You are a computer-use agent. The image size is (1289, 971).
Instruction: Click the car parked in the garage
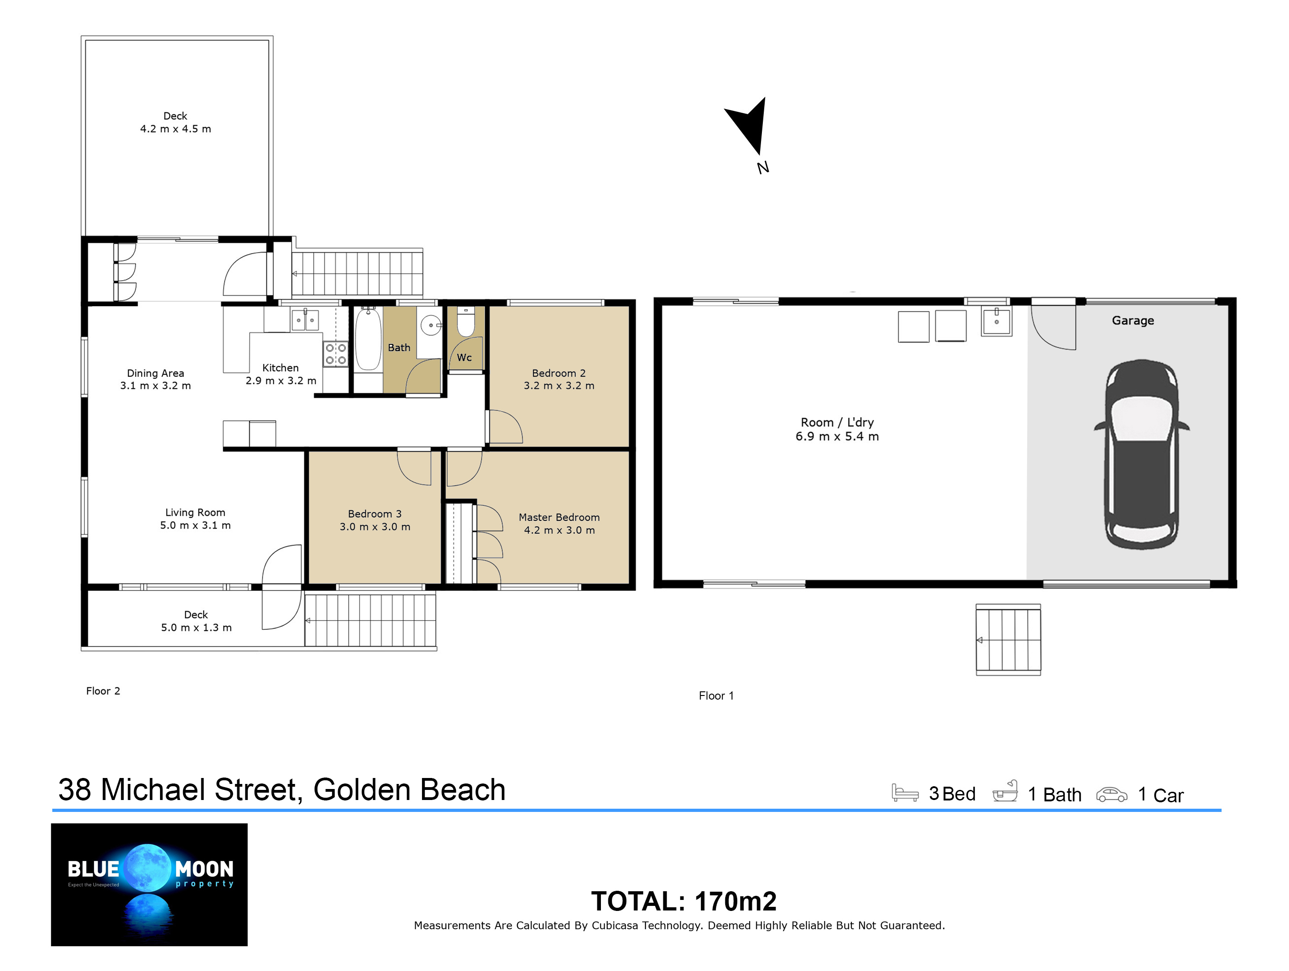tap(1141, 454)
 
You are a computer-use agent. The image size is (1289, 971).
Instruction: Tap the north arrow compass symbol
tap(748, 125)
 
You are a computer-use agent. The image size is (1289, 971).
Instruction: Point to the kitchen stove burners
tap(336, 353)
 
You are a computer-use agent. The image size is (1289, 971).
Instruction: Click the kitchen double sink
tap(305, 320)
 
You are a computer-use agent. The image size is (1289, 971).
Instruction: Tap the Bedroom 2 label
tap(558, 373)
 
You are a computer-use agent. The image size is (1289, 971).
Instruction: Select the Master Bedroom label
tap(559, 517)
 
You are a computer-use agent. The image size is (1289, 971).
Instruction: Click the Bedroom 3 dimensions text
tap(375, 527)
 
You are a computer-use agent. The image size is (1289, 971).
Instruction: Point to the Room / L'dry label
tap(837, 422)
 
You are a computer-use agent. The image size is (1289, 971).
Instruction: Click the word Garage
tap(1132, 320)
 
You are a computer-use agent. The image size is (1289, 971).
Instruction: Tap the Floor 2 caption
tap(103, 691)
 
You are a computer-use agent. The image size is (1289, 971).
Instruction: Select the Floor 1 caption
tap(716, 695)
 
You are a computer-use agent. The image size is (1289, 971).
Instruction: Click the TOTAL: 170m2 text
tap(683, 901)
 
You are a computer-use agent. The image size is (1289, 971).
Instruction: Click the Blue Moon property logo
tap(149, 884)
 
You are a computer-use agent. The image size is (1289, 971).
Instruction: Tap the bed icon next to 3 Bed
tap(905, 793)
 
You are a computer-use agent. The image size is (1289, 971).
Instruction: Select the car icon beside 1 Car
tap(1111, 794)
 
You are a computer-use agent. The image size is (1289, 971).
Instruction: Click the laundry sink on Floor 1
tap(996, 321)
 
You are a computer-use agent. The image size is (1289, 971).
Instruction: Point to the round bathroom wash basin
tap(431, 325)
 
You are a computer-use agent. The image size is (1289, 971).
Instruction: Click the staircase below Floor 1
tap(1008, 640)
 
